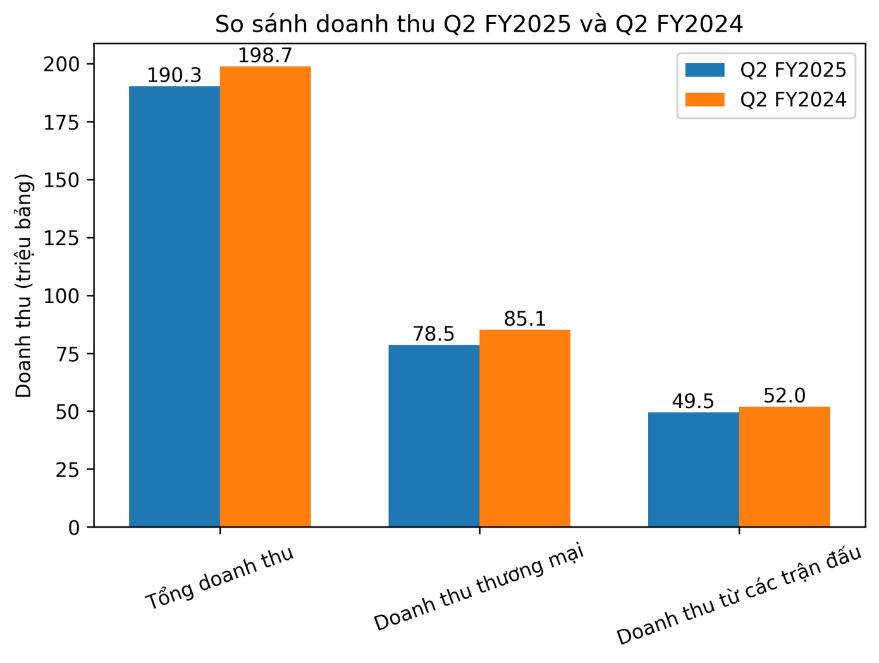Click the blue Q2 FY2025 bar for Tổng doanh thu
click(x=175, y=306)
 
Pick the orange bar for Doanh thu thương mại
click(x=525, y=428)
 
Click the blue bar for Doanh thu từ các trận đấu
click(x=694, y=469)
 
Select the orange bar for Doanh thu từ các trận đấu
click(x=784, y=466)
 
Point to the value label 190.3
click(x=175, y=76)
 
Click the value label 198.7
click(x=266, y=56)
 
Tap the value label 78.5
click(x=434, y=335)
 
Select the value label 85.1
click(x=525, y=319)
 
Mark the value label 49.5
click(x=693, y=402)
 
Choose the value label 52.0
click(x=784, y=396)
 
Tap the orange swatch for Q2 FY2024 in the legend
click(x=704, y=100)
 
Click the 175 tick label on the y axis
click(x=61, y=122)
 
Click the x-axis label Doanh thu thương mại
click(x=479, y=587)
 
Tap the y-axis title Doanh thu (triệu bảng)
click(x=24, y=285)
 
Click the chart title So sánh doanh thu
click(x=479, y=24)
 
